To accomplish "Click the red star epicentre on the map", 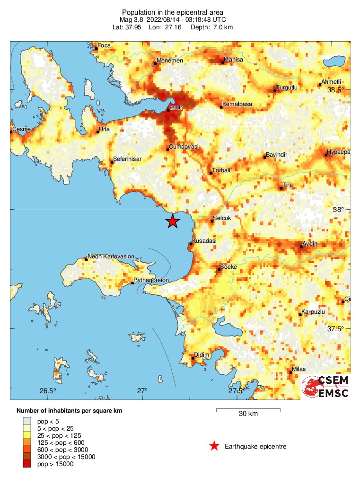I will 173,221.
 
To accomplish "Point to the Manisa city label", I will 234,60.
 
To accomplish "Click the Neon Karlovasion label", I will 111,256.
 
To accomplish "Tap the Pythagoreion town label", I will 152,280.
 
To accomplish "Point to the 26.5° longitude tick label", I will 48,391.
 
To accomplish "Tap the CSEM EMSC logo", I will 325,387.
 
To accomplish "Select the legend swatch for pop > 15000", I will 28,464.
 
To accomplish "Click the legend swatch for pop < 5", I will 28,420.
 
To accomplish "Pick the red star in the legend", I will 214,446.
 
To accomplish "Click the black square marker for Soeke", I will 220,270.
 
